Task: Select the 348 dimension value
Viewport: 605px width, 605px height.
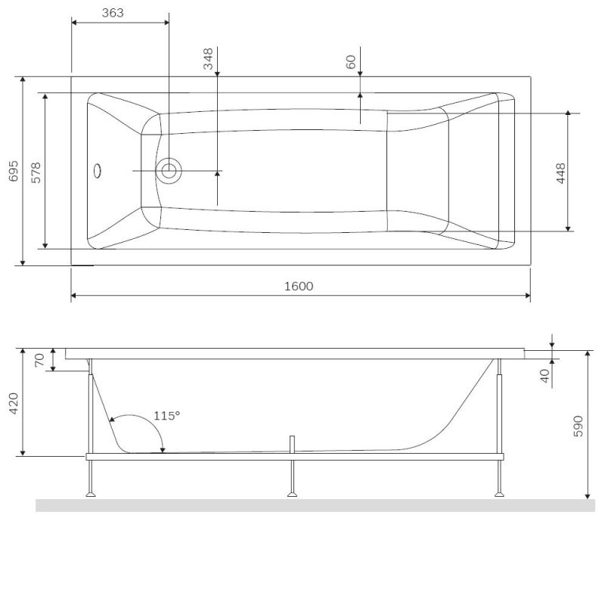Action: pyautogui.click(x=208, y=59)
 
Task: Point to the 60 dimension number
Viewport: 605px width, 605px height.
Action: pyautogui.click(x=351, y=61)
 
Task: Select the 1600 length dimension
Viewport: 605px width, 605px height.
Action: pyautogui.click(x=299, y=286)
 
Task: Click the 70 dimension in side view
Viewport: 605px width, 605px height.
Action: pyautogui.click(x=40, y=360)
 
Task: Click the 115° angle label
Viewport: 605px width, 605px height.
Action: pyautogui.click(x=166, y=415)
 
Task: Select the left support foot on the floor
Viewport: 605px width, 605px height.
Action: pyautogui.click(x=92, y=495)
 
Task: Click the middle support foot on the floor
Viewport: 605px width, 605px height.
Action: pyautogui.click(x=292, y=495)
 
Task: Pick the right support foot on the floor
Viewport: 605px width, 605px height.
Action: pyautogui.click(x=498, y=495)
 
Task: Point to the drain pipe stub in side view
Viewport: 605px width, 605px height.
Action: pyautogui.click(x=292, y=444)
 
